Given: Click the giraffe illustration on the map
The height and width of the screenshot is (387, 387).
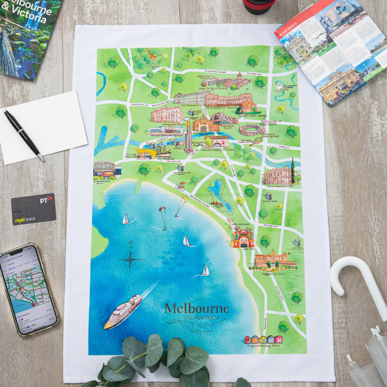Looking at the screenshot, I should (x=152, y=57).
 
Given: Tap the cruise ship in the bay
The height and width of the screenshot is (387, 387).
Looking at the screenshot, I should (x=123, y=311).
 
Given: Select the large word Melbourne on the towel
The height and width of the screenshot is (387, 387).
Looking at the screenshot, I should (x=197, y=309).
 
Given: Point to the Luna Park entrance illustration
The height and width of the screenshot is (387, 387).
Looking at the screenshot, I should (x=242, y=238).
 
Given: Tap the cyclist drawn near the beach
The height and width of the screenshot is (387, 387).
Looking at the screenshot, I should (x=180, y=186).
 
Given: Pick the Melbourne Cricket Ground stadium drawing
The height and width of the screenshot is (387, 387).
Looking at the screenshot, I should (x=253, y=130).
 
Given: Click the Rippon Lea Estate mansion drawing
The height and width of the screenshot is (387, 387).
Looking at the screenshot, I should (x=275, y=261).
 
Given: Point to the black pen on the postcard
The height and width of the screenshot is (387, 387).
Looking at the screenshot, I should (x=23, y=134).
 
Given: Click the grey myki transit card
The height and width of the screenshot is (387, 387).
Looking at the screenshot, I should (x=33, y=209).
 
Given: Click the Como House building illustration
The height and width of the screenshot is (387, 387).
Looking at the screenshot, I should (x=278, y=175).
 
